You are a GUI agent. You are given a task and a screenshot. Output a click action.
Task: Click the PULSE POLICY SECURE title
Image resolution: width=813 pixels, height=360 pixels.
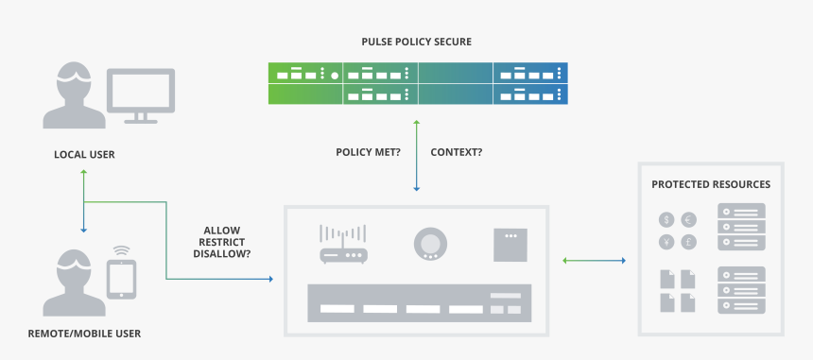[x=416, y=42]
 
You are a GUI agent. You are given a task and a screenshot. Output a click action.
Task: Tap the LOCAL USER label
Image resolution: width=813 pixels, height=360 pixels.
[x=84, y=153]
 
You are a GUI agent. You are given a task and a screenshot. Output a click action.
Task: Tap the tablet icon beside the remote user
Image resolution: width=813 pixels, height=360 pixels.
[x=121, y=280]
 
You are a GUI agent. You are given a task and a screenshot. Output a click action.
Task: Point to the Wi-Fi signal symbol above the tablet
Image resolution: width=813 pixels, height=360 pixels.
[x=121, y=251]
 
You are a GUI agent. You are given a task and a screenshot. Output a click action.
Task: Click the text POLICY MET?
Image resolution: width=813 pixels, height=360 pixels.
[x=368, y=151]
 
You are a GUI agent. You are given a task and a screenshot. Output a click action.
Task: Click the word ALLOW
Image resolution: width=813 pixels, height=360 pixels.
[x=222, y=230]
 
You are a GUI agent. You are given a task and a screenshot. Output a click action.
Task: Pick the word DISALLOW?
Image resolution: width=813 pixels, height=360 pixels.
[x=222, y=253]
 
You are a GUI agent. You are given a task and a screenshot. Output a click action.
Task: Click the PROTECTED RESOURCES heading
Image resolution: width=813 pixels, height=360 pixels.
[x=711, y=184]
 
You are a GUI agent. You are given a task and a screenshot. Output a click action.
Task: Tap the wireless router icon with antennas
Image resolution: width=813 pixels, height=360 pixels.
[x=341, y=245]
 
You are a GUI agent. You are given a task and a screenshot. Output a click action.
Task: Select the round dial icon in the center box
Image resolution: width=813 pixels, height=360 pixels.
[x=429, y=244]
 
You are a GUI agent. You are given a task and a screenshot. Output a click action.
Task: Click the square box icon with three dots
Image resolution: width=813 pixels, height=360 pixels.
[x=510, y=245]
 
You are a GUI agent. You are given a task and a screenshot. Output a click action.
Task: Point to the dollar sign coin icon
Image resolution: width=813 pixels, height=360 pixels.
[x=666, y=219]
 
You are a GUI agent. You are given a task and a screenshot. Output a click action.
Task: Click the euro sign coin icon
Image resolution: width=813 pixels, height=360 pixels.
[x=688, y=219]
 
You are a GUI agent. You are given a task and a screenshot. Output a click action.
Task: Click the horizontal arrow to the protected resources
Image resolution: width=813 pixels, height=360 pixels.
[x=596, y=260]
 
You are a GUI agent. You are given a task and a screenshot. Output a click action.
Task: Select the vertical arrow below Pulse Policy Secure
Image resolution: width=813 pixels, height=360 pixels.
[x=415, y=156]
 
